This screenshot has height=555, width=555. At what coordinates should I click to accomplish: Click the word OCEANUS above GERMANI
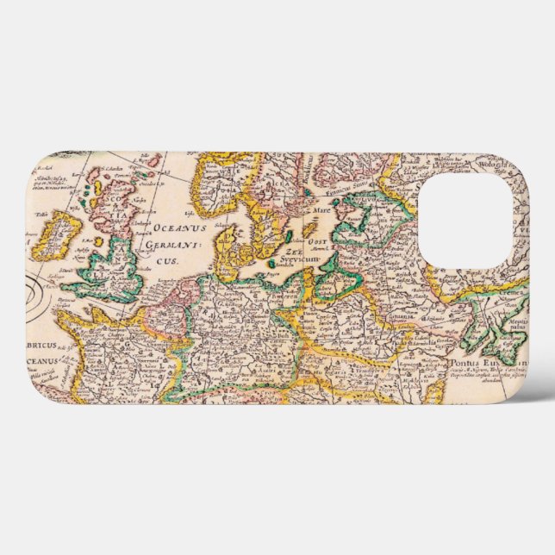click(180, 228)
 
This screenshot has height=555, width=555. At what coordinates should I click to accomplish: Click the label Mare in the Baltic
click(321, 209)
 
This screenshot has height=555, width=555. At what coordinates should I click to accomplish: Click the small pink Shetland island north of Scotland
click(156, 161)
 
